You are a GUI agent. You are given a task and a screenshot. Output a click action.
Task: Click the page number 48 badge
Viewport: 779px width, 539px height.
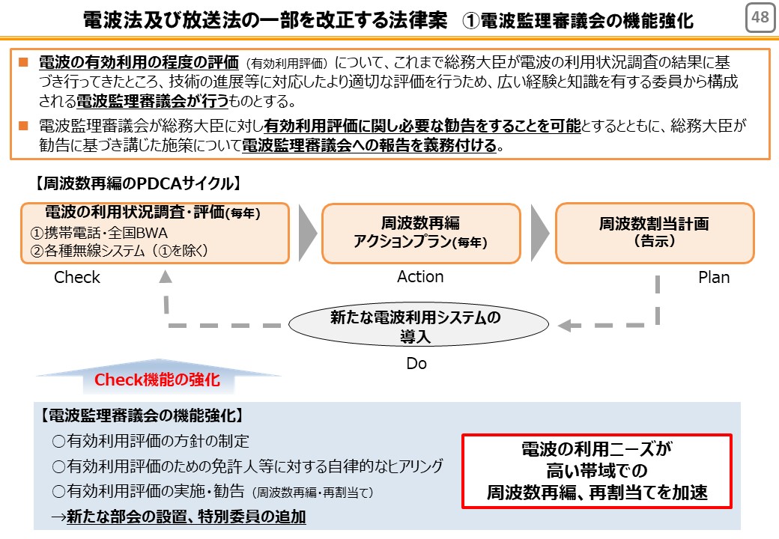pos(760,18)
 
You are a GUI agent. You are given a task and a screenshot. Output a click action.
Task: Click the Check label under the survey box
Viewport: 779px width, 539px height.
pos(77,277)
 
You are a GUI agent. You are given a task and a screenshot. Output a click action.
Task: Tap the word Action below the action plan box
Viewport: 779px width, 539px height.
pos(420,276)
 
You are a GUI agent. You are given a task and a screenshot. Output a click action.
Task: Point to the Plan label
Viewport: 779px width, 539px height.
pos(714,277)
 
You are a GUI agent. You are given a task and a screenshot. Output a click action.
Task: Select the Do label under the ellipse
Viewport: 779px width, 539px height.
pos(416,363)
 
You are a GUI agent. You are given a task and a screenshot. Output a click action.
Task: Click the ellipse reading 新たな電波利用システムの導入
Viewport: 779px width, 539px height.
pos(418,325)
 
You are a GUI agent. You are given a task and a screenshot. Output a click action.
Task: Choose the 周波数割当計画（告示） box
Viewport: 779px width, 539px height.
pos(655,233)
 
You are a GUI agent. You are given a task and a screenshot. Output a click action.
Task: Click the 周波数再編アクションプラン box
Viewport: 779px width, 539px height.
pos(421,233)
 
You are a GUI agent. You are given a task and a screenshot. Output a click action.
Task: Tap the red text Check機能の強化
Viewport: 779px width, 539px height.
pos(157,380)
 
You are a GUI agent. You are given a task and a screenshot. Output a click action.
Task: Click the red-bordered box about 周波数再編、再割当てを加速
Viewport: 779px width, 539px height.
pos(597,471)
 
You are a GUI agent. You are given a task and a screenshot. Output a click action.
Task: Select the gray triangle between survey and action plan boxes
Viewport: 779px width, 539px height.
pos(308,233)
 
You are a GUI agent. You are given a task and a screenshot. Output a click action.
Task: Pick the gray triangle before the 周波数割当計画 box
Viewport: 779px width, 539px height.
pos(540,233)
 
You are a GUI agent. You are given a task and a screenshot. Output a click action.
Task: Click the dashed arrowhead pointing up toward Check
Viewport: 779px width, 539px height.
pos(166,276)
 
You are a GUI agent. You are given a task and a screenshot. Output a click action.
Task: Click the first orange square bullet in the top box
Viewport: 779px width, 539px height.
pos(23,62)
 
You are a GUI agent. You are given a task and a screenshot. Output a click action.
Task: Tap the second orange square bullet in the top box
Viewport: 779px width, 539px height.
pos(23,125)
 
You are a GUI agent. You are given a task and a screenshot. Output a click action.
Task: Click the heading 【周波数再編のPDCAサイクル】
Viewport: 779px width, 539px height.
pos(138,183)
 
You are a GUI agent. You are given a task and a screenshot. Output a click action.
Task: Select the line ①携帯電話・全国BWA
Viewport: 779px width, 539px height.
pos(99,233)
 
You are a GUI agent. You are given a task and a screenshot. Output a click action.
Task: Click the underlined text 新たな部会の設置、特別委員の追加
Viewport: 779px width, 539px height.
pos(187,517)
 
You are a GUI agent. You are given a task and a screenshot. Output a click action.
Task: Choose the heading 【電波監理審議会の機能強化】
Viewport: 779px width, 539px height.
pos(142,415)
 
